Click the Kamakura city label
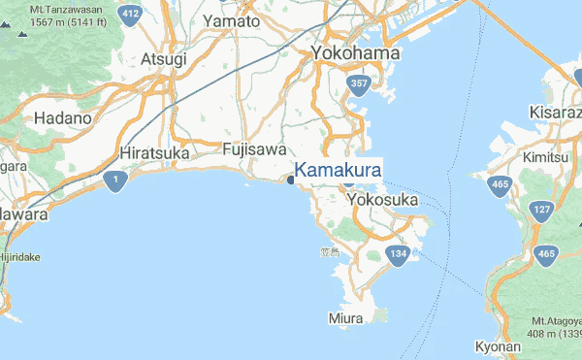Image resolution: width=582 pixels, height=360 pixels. click(x=337, y=171)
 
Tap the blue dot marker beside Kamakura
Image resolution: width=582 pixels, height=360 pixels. click(x=291, y=180)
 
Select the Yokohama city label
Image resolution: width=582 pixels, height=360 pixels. click(x=355, y=53)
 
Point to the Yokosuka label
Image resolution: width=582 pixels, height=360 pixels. click(x=382, y=199)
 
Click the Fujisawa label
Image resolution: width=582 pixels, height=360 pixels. click(x=254, y=150)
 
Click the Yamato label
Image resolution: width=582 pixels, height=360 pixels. click(x=232, y=21)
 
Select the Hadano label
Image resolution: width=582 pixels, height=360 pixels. click(x=62, y=117)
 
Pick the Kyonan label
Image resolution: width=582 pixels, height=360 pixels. click(x=500, y=346)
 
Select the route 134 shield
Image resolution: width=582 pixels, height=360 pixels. click(x=397, y=255)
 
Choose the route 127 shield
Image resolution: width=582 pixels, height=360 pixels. click(x=541, y=210)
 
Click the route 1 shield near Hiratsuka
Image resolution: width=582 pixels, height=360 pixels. click(x=116, y=181)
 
